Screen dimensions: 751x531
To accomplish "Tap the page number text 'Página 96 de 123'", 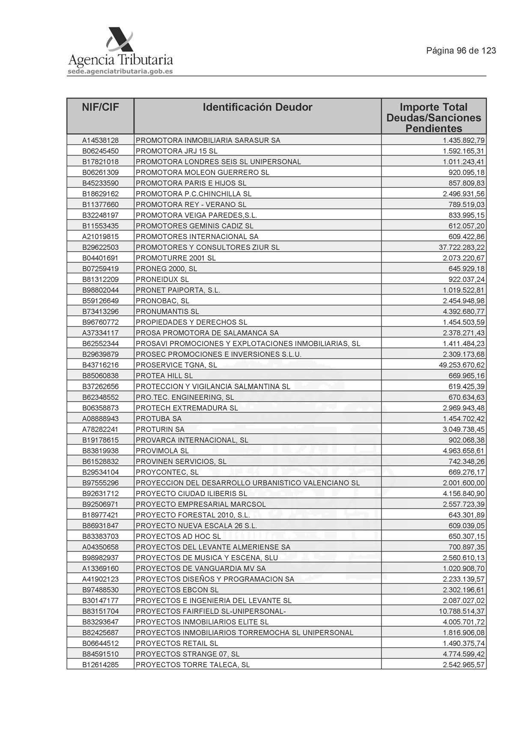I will coord(461,50).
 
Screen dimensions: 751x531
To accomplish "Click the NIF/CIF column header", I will coord(100,107).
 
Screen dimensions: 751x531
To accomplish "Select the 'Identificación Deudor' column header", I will coord(257,107).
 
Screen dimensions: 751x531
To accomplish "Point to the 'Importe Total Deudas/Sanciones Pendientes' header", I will coord(433,118).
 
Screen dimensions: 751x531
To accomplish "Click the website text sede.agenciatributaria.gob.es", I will coord(120,71).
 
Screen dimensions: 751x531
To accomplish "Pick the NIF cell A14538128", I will coord(100,140).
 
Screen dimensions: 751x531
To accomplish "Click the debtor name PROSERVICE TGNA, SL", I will coord(176,365).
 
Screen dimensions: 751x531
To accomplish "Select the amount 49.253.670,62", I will coord(459,365).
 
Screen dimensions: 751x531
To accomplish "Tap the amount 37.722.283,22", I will coord(459,247).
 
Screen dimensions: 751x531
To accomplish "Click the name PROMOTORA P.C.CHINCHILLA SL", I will coord(194,194).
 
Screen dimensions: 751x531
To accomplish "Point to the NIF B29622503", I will coord(100,247).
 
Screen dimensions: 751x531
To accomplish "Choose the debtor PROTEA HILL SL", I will coord(164,376).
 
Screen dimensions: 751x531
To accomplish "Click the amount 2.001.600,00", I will coord(464,483).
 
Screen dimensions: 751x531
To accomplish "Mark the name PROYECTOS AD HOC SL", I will coord(178,536).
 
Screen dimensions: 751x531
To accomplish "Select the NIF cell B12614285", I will coord(100,665).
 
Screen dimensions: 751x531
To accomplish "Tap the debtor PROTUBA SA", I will coord(158,419).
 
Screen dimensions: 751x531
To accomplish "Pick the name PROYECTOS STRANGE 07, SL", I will coord(188,654).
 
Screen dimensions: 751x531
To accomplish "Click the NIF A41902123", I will coord(100,579).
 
